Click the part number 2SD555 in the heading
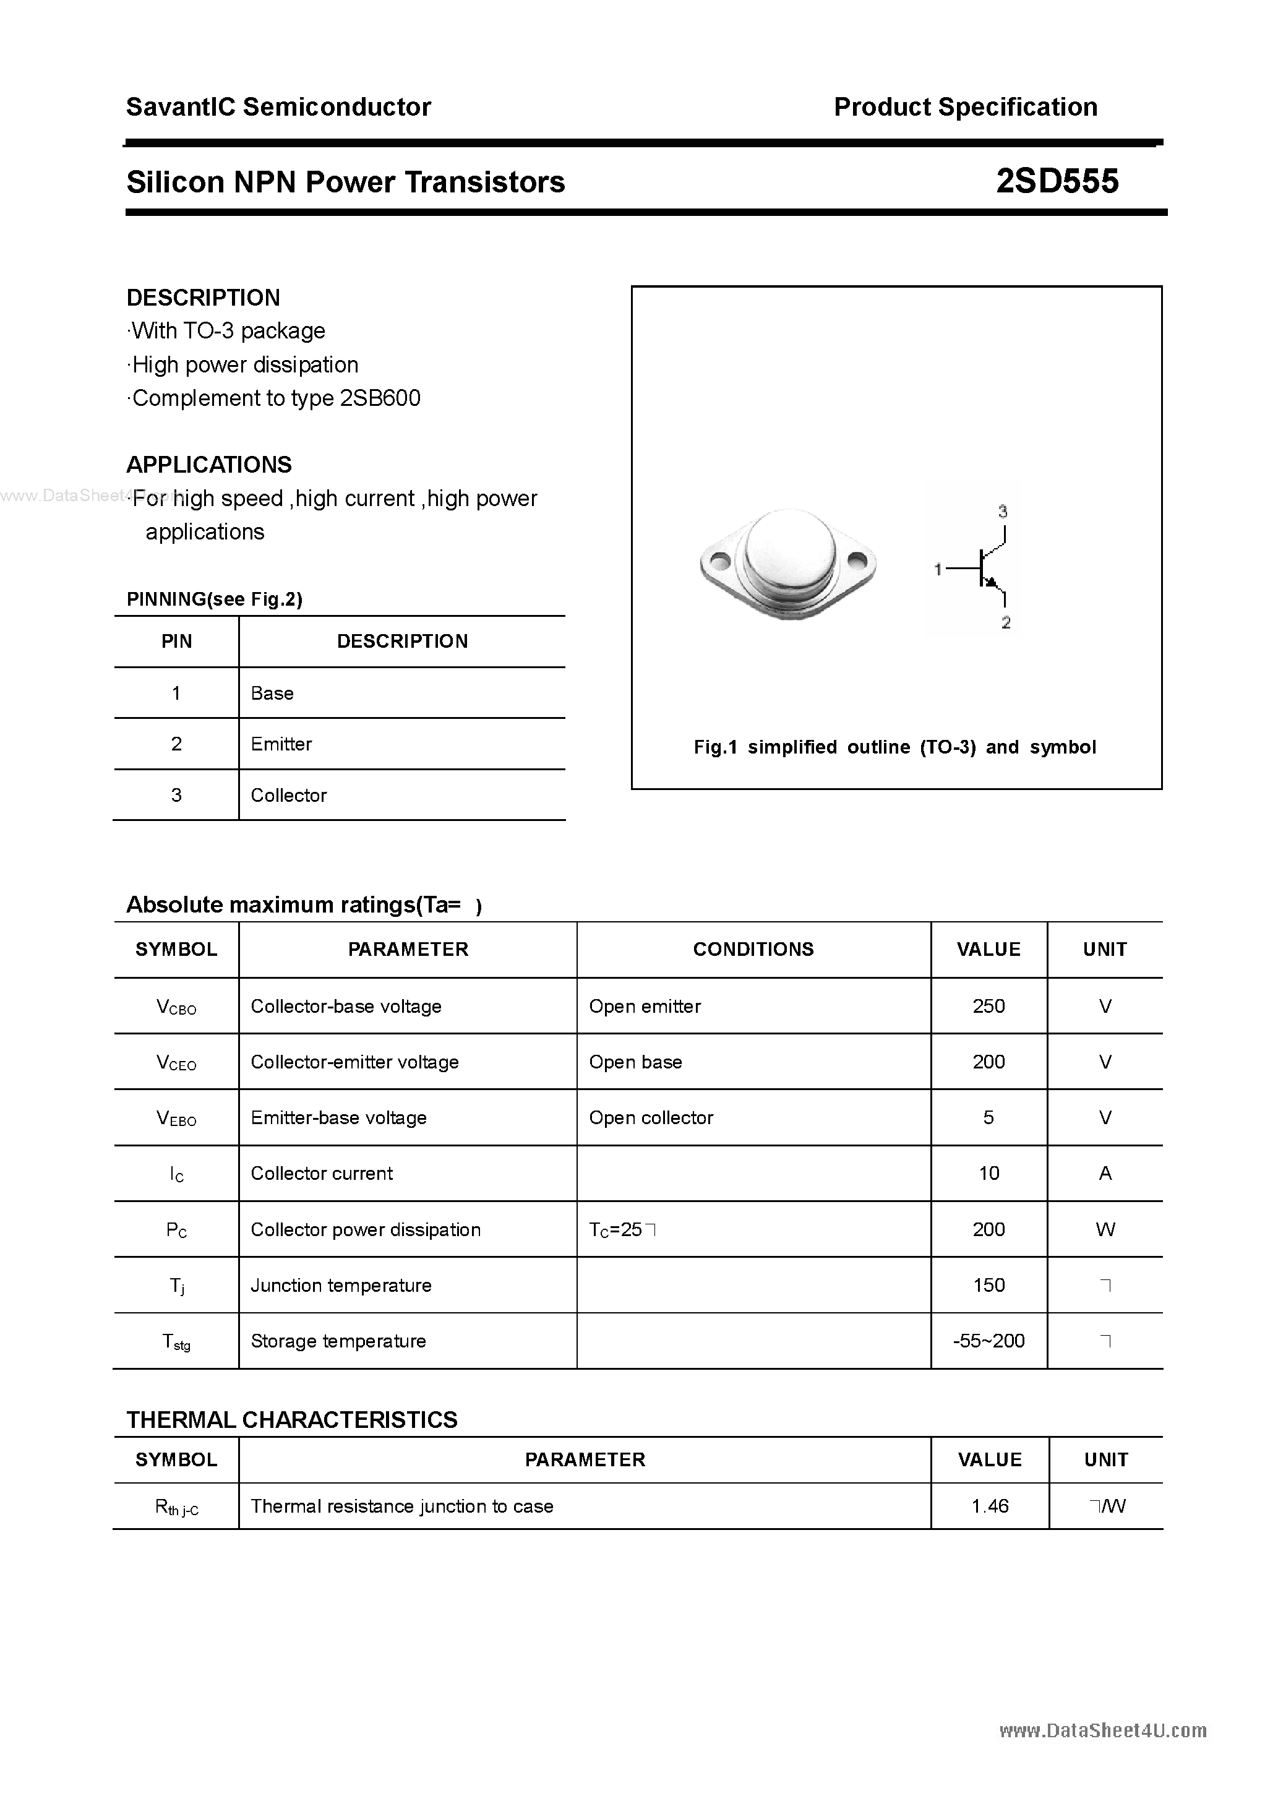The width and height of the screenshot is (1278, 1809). click(1057, 182)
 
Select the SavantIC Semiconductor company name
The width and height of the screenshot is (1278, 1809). click(278, 107)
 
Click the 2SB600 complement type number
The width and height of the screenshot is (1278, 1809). click(380, 398)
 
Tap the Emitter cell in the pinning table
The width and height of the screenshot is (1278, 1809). click(281, 744)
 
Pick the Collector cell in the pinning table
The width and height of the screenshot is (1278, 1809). click(288, 795)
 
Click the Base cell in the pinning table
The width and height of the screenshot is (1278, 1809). click(272, 694)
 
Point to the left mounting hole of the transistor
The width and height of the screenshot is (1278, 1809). click(719, 562)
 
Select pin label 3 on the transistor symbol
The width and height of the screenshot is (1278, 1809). click(1002, 512)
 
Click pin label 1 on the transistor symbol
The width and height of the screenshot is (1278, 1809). click(938, 569)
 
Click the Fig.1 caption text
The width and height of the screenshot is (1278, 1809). click(894, 747)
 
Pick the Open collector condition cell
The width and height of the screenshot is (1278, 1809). click(651, 1117)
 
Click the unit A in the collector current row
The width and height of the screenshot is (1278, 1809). click(1105, 1173)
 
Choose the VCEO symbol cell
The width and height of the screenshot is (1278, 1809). click(176, 1062)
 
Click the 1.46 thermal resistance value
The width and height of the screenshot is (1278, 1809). click(990, 1506)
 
